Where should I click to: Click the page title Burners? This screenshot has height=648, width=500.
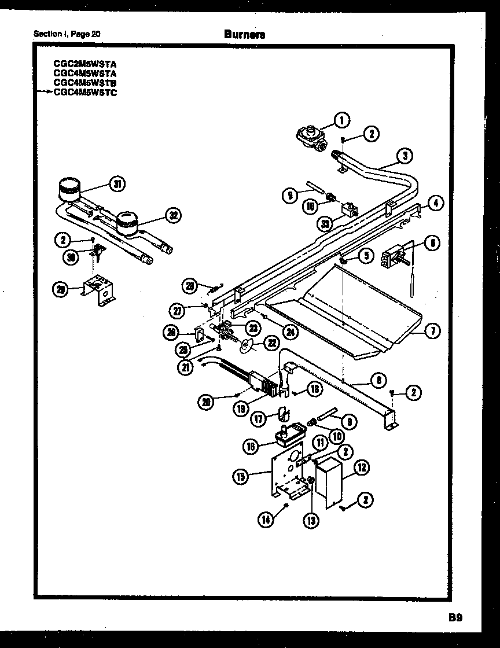245,34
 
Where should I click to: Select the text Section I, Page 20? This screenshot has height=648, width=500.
67,34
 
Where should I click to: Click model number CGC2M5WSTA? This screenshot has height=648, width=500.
84,65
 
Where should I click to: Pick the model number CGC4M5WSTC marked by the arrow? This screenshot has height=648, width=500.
84,92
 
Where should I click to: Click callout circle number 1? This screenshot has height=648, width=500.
342,120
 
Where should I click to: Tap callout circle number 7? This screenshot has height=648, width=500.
432,331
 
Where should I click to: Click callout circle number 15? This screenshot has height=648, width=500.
241,477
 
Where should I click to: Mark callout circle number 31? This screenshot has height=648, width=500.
117,185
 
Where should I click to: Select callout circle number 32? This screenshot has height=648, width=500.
172,216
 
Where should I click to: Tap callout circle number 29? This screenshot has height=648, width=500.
61,290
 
